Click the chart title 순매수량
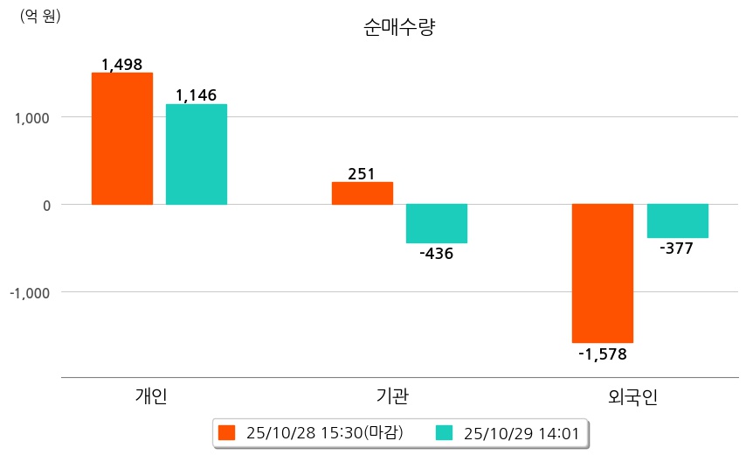pos(398,27)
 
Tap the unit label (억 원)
pos(40,15)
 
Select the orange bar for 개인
pos(122,138)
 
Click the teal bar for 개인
pos(197,154)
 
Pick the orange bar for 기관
pos(363,193)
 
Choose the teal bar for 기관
pos(437,223)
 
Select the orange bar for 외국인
pos(603,273)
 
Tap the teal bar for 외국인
pos(677,220)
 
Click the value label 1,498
pos(121,65)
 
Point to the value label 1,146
pos(196,95)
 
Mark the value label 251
pos(362,174)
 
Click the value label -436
pos(437,254)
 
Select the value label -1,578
pos(603,354)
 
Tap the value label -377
pos(677,248)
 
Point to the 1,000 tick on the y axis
pos(31,117)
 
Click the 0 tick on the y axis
pos(45,205)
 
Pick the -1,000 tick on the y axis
pos(29,292)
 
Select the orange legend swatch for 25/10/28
pos(228,432)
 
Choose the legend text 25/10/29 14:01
pos(522,432)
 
